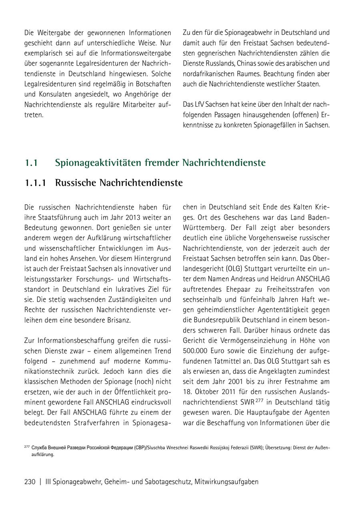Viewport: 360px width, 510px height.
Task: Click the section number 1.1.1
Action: (35, 183)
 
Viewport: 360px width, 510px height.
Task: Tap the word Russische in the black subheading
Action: (76, 183)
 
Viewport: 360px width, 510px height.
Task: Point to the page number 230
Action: (30, 482)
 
